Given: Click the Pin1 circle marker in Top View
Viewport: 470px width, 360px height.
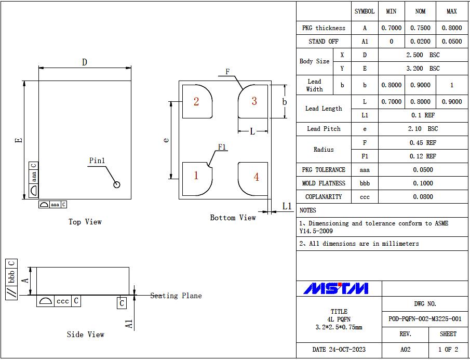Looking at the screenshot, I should [x=117, y=184].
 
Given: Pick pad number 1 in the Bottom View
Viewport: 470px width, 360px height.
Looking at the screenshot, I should [x=196, y=176].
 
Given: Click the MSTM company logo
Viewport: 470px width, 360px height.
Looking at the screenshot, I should [x=336, y=288].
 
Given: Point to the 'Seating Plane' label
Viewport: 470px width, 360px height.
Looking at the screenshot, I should [x=176, y=296].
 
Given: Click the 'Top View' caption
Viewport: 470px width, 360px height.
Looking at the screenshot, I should [x=85, y=222].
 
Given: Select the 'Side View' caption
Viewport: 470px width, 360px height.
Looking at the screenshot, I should [x=86, y=335].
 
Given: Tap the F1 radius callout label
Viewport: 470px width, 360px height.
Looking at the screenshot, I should [x=222, y=147].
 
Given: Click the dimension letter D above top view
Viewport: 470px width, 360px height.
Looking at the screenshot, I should [x=84, y=62].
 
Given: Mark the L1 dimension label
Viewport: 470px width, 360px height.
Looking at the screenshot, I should [x=287, y=206].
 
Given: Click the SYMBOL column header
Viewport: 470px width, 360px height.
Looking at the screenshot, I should [x=365, y=11].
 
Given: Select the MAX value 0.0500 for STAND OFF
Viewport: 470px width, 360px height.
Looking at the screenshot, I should [x=451, y=42].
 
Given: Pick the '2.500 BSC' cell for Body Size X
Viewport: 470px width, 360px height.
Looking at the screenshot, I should [x=423, y=55].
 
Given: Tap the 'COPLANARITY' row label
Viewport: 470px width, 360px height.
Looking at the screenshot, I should [x=324, y=197].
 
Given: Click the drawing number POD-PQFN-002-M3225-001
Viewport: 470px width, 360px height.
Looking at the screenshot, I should [x=425, y=319].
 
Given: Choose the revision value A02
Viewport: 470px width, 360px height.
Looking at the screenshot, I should [x=405, y=350].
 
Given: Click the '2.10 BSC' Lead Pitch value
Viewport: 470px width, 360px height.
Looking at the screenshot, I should [x=423, y=129].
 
